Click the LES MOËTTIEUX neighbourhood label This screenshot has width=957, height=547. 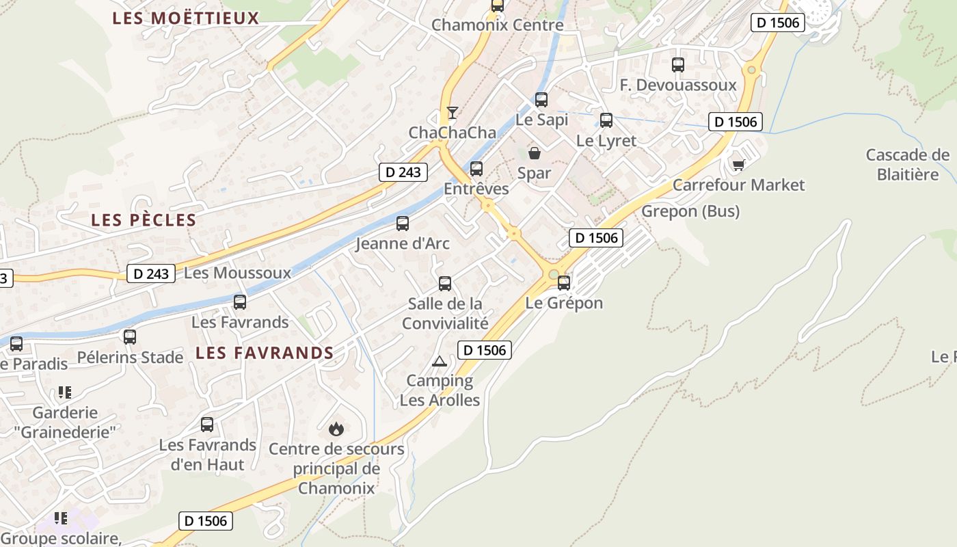tap(186, 18)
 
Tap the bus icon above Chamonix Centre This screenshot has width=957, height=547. tap(498, 5)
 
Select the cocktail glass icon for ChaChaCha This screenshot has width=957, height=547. tap(452, 113)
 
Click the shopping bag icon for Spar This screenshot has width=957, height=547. tap(535, 153)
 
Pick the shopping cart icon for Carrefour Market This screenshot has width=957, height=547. tap(738, 165)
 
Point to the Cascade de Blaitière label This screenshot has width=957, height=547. tap(907, 164)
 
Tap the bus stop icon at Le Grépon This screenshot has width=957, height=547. tap(564, 282)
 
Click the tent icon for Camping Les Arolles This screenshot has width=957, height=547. tap(440, 361)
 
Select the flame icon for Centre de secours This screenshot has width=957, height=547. tap(336, 429)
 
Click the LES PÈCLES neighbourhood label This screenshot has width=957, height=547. tap(144, 220)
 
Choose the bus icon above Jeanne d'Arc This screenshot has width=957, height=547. tap(403, 223)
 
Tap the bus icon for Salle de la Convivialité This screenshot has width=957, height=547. tap(445, 283)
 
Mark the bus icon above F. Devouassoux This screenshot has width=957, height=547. tap(678, 65)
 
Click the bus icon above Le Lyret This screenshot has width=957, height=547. tap(606, 120)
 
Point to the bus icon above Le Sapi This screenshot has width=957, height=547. tap(541, 99)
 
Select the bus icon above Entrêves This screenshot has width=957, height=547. tap(476, 168)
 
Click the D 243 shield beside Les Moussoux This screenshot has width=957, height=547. tap(150, 273)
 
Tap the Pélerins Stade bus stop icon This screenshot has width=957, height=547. tap(130, 336)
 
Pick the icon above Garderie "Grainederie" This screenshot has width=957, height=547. tap(65, 392)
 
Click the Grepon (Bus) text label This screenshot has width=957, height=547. tap(690, 211)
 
